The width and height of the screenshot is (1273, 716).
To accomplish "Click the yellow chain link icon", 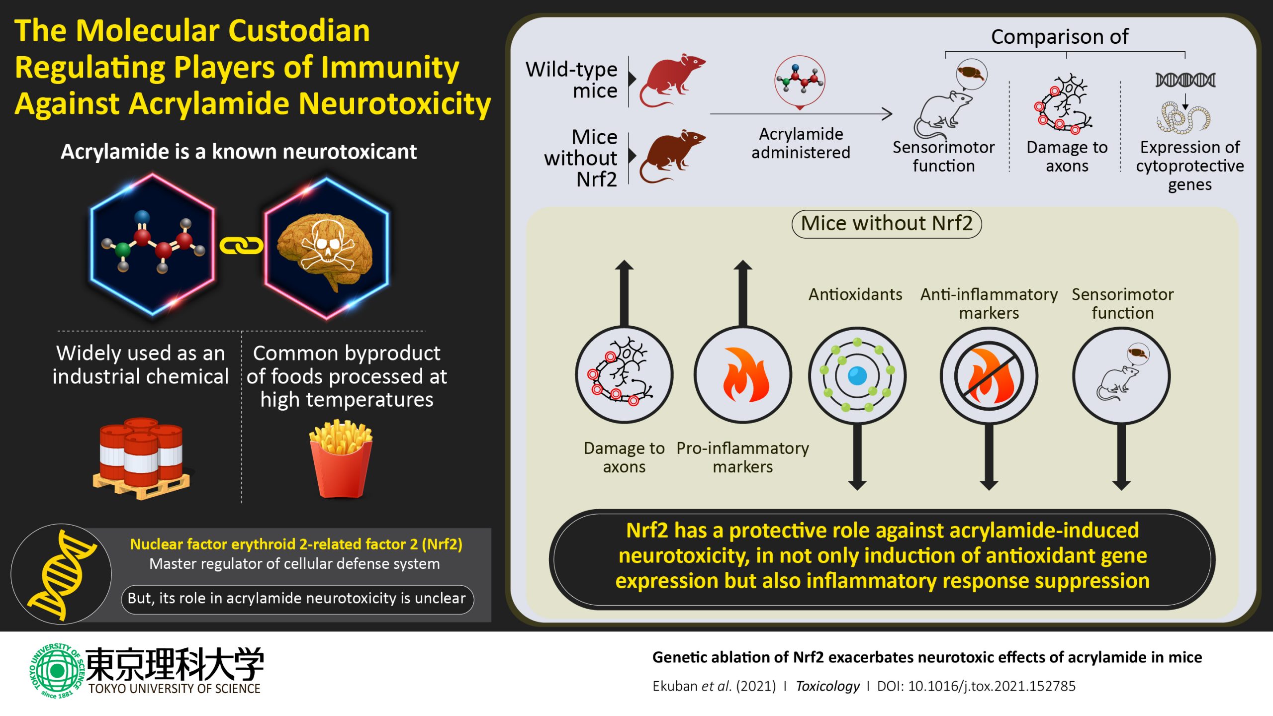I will tap(241, 246).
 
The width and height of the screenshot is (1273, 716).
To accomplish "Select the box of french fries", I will tap(341, 460).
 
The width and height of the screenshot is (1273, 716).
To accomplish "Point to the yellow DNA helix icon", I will tap(62, 575).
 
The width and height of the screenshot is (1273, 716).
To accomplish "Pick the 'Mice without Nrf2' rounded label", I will tap(887, 224).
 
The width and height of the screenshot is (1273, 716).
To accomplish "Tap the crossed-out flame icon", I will tap(989, 376).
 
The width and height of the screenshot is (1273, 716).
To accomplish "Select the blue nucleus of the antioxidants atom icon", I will tap(857, 375).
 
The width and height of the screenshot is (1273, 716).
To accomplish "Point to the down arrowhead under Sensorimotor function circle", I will tap(1121, 484).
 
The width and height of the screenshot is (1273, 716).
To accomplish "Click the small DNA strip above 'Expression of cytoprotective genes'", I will tap(1185, 80).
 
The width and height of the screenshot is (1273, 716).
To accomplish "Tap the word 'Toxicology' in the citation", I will tap(827, 686).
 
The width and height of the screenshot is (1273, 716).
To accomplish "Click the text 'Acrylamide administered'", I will tap(801, 143).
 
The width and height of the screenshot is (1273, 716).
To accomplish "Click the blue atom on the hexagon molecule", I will tap(142, 217).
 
